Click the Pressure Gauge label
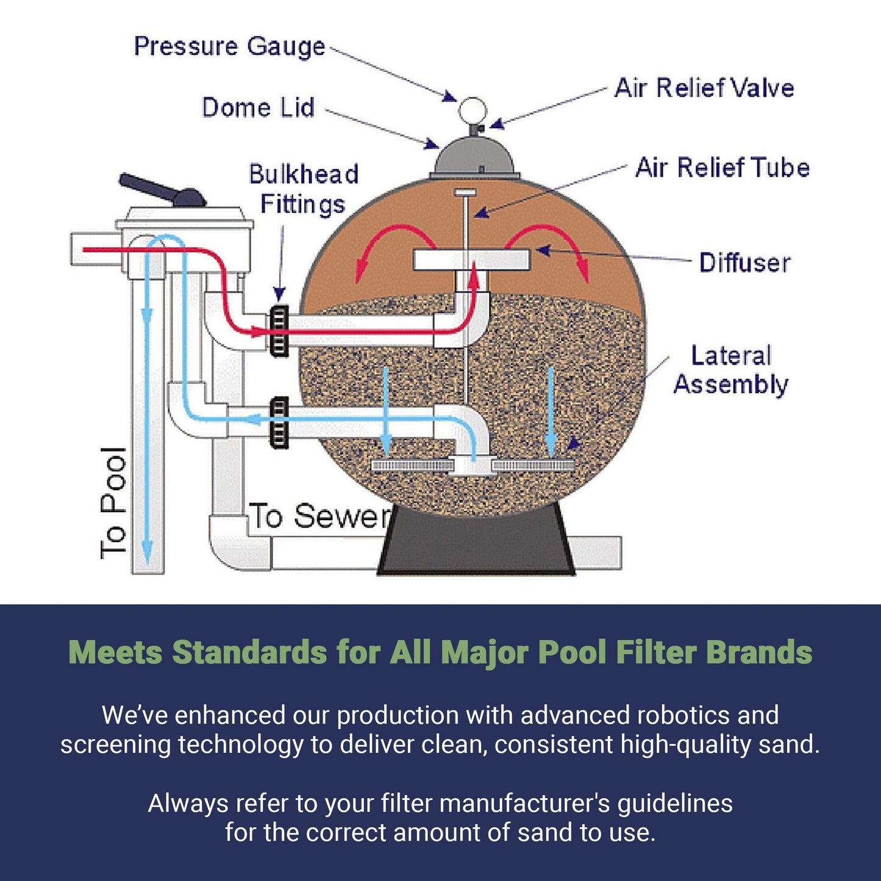229,47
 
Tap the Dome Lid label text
258,108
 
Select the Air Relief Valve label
704,88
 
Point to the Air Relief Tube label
722,168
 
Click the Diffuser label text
744,263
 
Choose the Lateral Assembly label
730,370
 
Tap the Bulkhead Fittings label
303,189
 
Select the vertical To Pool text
113,502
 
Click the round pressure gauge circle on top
473,110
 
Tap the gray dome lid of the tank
474,157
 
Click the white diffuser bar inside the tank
471,260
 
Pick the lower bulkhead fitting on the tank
279,423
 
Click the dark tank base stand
476,543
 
